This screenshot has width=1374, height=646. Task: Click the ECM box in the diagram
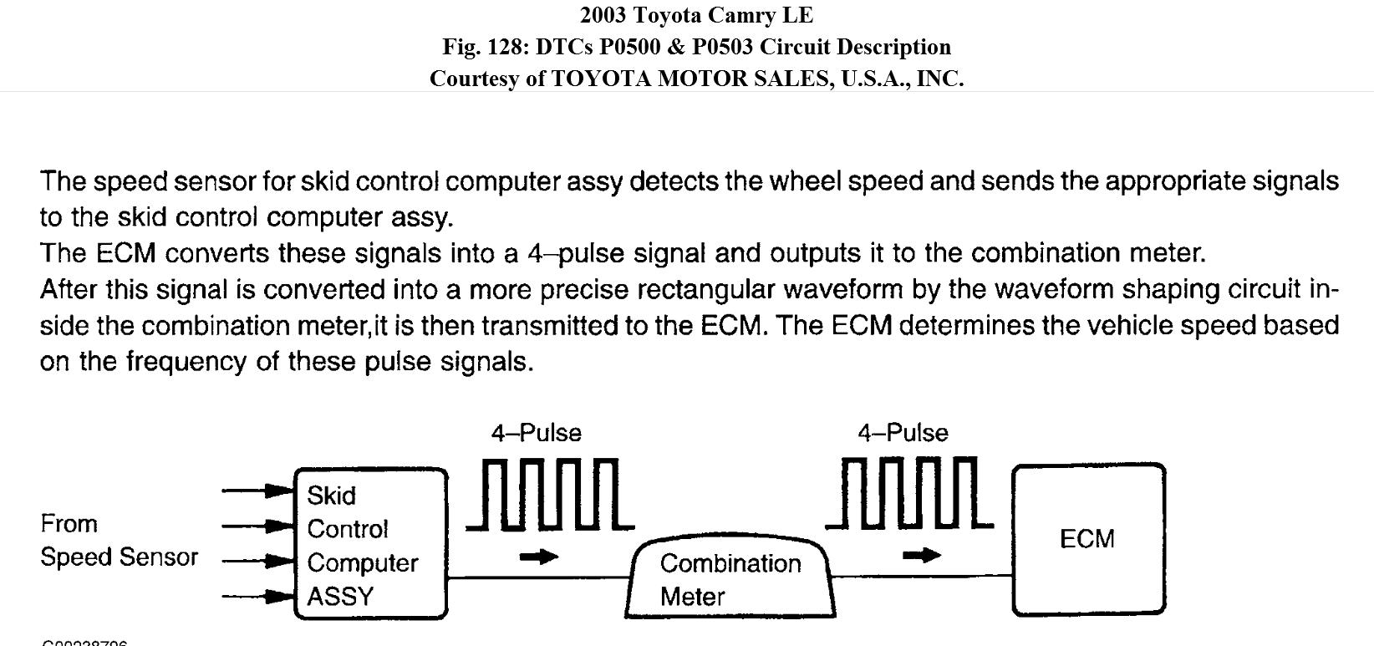[1088, 539]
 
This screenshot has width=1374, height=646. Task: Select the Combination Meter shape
[730, 578]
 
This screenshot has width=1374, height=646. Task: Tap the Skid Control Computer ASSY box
[371, 544]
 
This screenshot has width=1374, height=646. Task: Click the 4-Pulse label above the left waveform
[536, 433]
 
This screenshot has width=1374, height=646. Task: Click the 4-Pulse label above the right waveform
[903, 433]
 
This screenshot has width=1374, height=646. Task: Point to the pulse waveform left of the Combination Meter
[550, 494]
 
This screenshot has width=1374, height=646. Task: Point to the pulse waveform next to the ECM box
[909, 494]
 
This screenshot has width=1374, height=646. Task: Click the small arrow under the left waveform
[538, 557]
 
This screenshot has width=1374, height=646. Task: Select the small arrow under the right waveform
[922, 555]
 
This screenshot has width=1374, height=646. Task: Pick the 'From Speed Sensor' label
[119, 540]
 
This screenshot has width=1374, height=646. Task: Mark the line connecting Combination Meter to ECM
[923, 576]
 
